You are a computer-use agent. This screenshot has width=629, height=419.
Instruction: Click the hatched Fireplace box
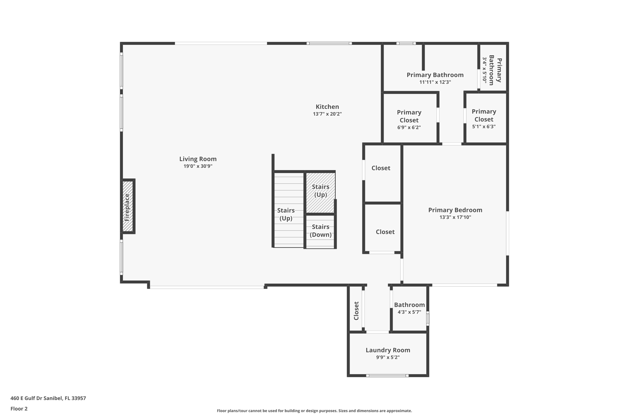point(127,206)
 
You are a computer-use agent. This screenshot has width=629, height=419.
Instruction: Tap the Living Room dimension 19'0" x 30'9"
point(198,166)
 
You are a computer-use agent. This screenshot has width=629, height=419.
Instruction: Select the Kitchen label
point(327,107)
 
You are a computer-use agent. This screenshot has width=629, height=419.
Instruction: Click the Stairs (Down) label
point(320,231)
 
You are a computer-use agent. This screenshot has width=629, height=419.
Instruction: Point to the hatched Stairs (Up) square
point(320,192)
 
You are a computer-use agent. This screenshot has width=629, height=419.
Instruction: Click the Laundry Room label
point(388,350)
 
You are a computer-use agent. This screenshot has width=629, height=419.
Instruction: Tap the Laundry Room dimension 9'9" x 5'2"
point(388,358)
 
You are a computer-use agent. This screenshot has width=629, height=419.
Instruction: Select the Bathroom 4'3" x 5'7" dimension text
point(409,312)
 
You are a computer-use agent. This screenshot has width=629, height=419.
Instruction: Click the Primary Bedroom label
point(455,210)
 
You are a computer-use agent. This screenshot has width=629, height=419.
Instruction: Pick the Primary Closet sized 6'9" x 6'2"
point(409,120)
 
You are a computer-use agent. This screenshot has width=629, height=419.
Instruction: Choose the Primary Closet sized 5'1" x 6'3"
point(484,119)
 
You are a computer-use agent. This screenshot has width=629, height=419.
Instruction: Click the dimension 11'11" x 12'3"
point(435,82)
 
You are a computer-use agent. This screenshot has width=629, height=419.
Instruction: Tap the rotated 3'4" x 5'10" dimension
point(484,70)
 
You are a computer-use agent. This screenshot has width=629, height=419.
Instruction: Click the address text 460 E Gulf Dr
point(48,398)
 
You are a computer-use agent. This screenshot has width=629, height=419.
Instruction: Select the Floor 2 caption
point(19,409)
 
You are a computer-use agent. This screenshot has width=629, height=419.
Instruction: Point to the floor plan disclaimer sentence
point(314,411)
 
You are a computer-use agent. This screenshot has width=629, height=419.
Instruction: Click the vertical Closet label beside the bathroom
point(356,311)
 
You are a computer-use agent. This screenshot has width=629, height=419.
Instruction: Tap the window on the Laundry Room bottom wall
point(387,376)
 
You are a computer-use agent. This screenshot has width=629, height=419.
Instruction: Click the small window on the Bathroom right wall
point(428,319)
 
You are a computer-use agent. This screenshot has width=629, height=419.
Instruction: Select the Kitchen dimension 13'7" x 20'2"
point(327,114)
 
